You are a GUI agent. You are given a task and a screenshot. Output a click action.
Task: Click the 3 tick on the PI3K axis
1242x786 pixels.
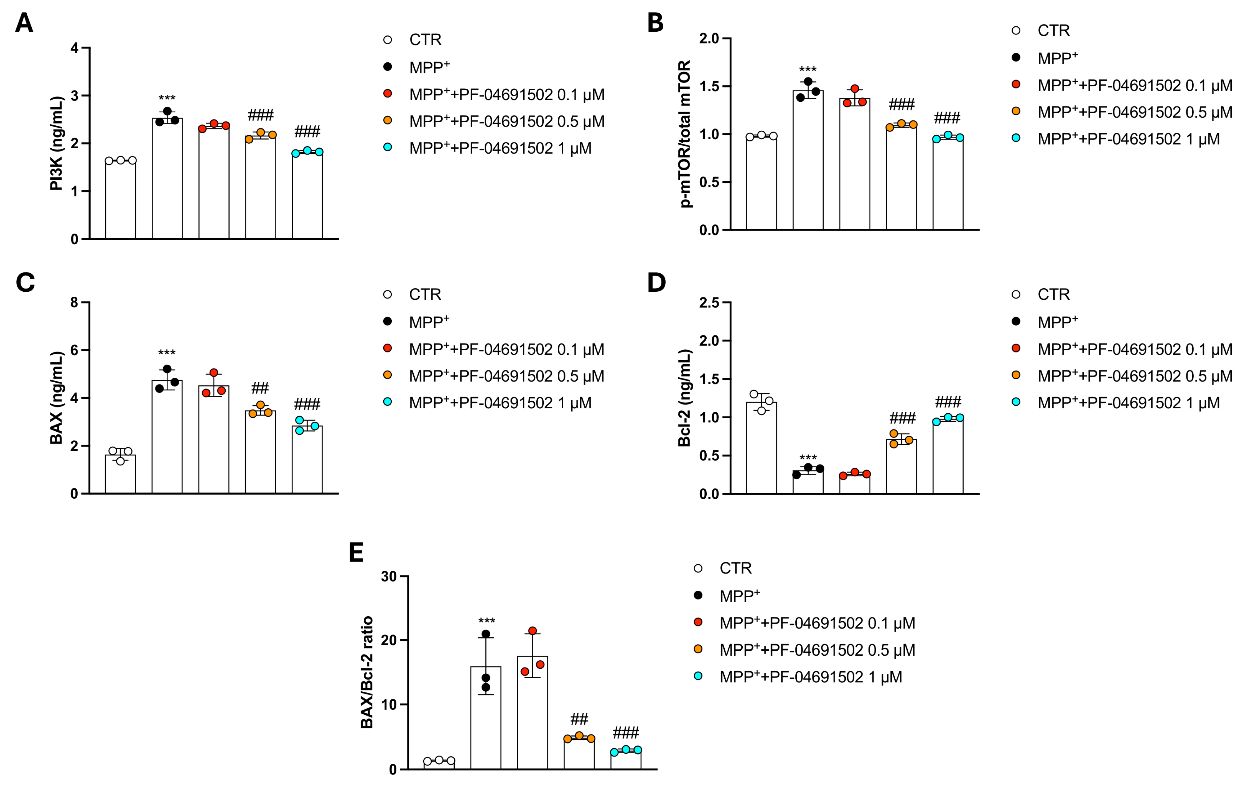pyautogui.click(x=75, y=95)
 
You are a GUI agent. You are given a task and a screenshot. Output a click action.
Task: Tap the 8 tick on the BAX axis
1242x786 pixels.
pyautogui.click(x=75, y=302)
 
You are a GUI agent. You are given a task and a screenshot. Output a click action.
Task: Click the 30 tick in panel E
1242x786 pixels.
pyautogui.click(x=389, y=576)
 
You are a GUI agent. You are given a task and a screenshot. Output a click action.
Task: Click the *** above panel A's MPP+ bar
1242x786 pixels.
pyautogui.click(x=167, y=98)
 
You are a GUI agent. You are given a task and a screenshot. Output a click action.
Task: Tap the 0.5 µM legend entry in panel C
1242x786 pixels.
pyautogui.click(x=506, y=376)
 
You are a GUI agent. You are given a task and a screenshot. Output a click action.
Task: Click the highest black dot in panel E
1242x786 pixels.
pyautogui.click(x=485, y=634)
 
